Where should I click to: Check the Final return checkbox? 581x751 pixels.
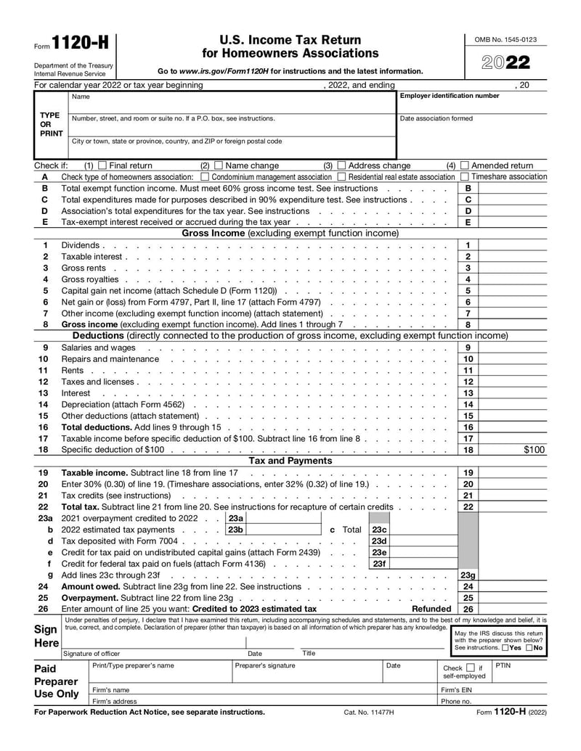[102, 165]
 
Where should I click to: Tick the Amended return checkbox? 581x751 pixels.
[465, 165]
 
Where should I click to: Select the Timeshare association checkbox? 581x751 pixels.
[464, 177]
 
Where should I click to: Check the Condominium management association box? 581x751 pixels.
[204, 177]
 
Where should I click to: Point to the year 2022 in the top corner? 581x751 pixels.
[506, 62]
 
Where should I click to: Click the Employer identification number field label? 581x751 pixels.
[450, 97]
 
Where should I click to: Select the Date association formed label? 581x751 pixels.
[436, 118]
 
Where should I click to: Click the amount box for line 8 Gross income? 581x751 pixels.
[513, 325]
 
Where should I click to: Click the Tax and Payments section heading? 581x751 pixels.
[290, 461]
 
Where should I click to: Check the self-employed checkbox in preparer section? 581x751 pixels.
[471, 667]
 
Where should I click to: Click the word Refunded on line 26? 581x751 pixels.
[431, 609]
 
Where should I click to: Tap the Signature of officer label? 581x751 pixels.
[92, 654]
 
